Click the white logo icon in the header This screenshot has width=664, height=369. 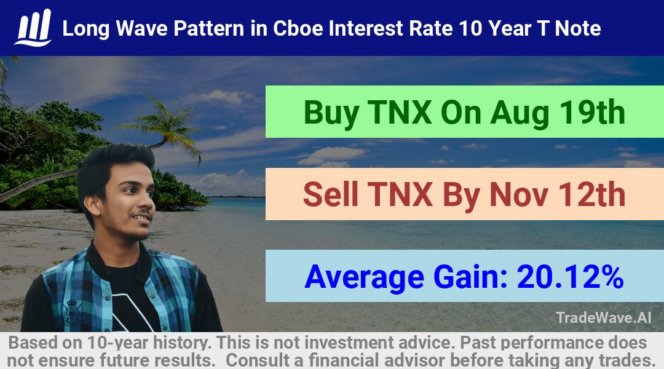(x=33, y=28)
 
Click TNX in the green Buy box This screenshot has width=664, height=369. (x=400, y=113)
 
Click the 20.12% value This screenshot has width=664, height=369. (x=571, y=277)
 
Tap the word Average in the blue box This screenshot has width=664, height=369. (x=364, y=277)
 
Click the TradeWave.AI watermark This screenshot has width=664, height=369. (x=604, y=317)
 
